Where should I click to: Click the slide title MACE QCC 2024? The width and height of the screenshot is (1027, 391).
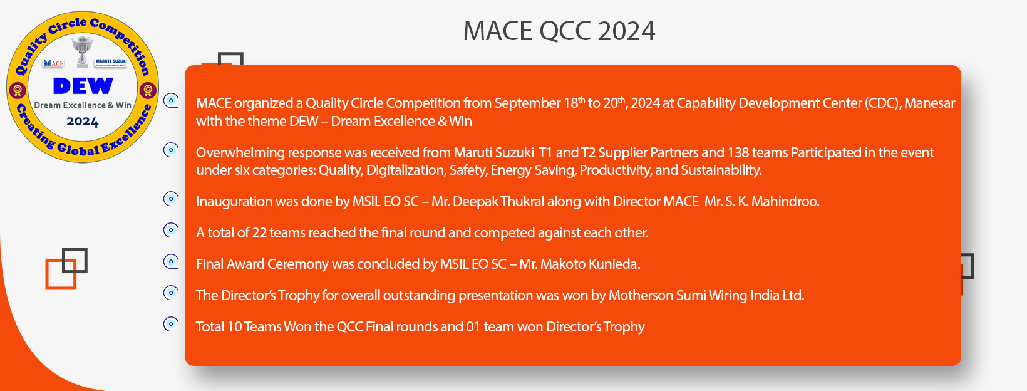tap(559, 31)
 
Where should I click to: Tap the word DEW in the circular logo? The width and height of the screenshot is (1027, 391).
tap(83, 86)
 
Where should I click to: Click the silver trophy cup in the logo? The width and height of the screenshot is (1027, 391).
tap(83, 51)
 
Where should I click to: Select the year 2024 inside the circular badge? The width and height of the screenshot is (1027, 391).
tap(83, 122)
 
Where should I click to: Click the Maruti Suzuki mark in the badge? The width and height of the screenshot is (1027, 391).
tap(111, 63)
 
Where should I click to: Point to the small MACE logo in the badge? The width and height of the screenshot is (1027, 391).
tap(53, 63)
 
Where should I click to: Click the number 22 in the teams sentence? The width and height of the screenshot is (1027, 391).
tap(259, 232)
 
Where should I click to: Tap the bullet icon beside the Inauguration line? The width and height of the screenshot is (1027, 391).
tap(171, 199)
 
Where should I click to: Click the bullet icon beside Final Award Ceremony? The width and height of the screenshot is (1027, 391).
tap(171, 261)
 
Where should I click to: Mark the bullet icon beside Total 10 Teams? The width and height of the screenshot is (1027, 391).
tap(171, 325)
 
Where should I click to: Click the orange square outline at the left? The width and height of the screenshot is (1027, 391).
tap(47, 274)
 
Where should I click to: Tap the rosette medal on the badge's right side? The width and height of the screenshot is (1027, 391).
tap(148, 90)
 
